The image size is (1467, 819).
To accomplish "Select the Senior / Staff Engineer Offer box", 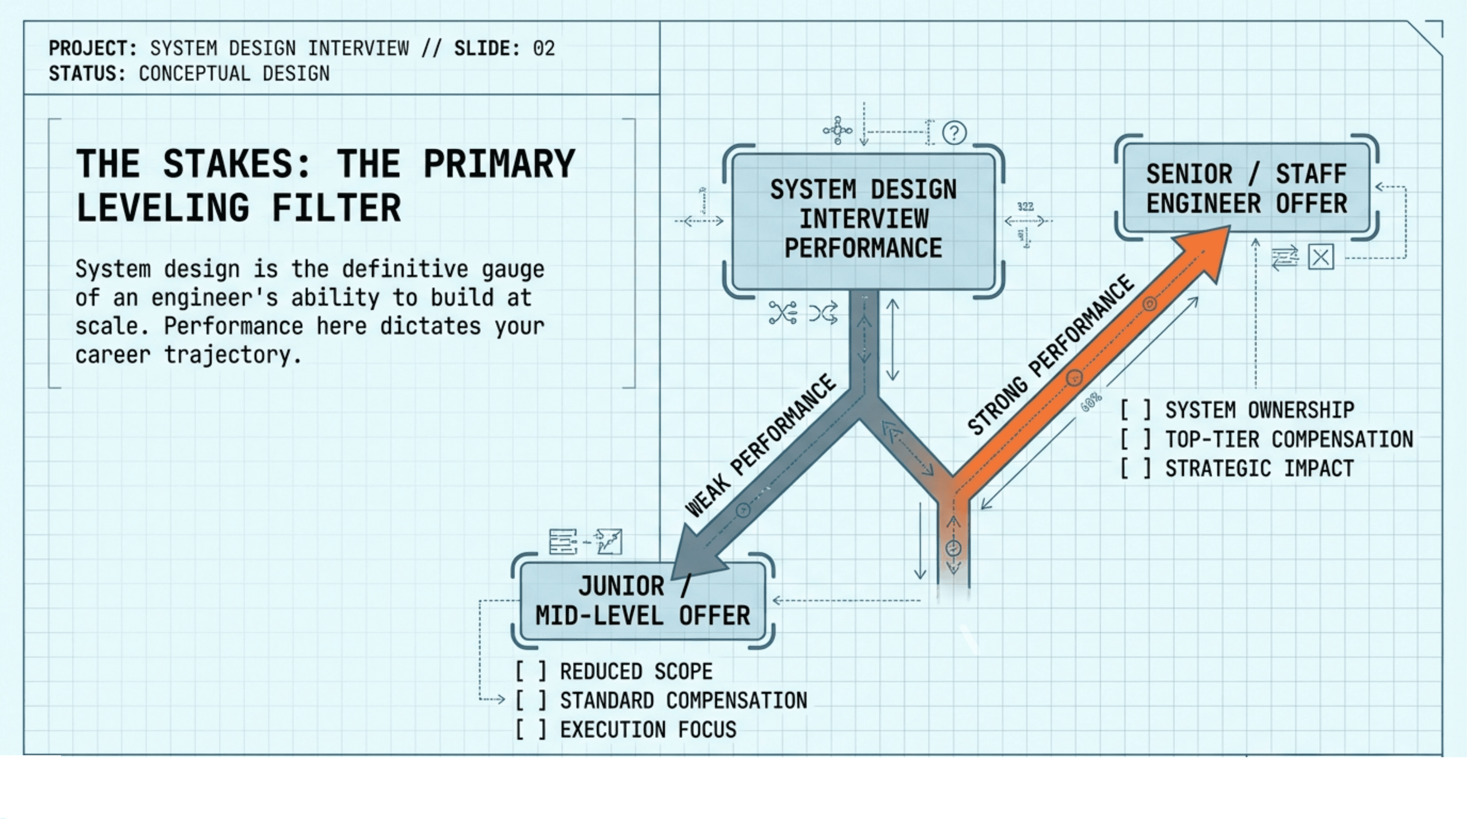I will click(1246, 188).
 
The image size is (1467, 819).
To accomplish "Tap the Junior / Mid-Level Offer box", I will click(642, 601).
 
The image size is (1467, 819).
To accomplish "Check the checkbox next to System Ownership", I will click(1135, 410).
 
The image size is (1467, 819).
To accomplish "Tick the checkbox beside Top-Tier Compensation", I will click(1135, 439).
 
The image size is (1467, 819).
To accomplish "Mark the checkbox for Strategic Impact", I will click(1135, 468).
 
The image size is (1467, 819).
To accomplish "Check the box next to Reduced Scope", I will click(531, 672).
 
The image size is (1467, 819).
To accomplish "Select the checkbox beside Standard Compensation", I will click(531, 700).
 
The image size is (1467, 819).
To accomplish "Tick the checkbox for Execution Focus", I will click(531, 730).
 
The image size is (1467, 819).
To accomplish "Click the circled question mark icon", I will click(954, 133).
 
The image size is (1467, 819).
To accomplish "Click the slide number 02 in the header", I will click(544, 48).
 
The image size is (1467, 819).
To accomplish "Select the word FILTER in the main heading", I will click(336, 208).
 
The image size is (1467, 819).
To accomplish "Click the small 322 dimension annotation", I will click(1025, 206).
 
